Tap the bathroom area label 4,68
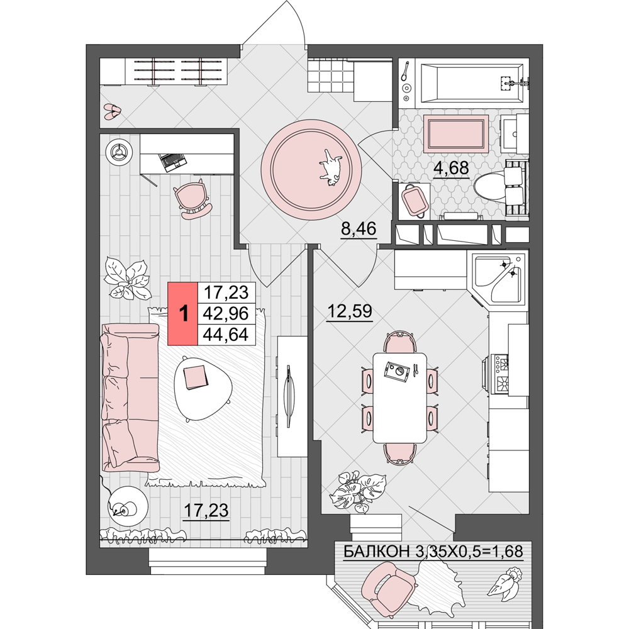click(x=451, y=168)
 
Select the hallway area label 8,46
click(x=359, y=229)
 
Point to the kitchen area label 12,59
click(x=350, y=311)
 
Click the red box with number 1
click(x=183, y=313)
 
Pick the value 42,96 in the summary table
click(x=226, y=313)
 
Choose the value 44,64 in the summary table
click(x=226, y=334)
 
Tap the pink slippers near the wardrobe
click(x=112, y=111)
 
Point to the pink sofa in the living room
click(x=130, y=397)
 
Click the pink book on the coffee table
click(x=196, y=377)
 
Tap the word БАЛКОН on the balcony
click(x=376, y=552)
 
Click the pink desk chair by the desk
click(x=193, y=199)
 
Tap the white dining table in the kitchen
click(x=399, y=398)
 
